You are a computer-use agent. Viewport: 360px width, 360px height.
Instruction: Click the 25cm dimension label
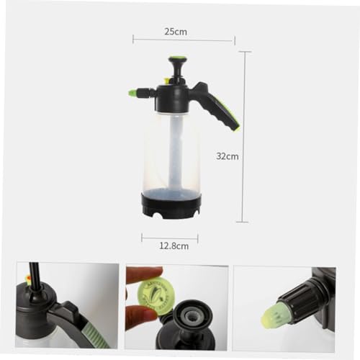[176, 32]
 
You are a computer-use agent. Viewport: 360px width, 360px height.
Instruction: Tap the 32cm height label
[228, 156]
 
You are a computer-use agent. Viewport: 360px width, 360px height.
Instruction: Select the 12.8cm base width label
[174, 246]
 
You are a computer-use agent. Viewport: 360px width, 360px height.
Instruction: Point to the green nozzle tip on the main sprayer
[132, 92]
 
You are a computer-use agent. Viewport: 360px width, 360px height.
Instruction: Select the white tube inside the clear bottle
[175, 151]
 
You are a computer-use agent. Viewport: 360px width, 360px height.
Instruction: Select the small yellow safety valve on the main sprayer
[166, 81]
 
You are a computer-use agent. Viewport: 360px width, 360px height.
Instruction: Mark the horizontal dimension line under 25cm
[184, 40]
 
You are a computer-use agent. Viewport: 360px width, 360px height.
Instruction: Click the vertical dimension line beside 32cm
[244, 137]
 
